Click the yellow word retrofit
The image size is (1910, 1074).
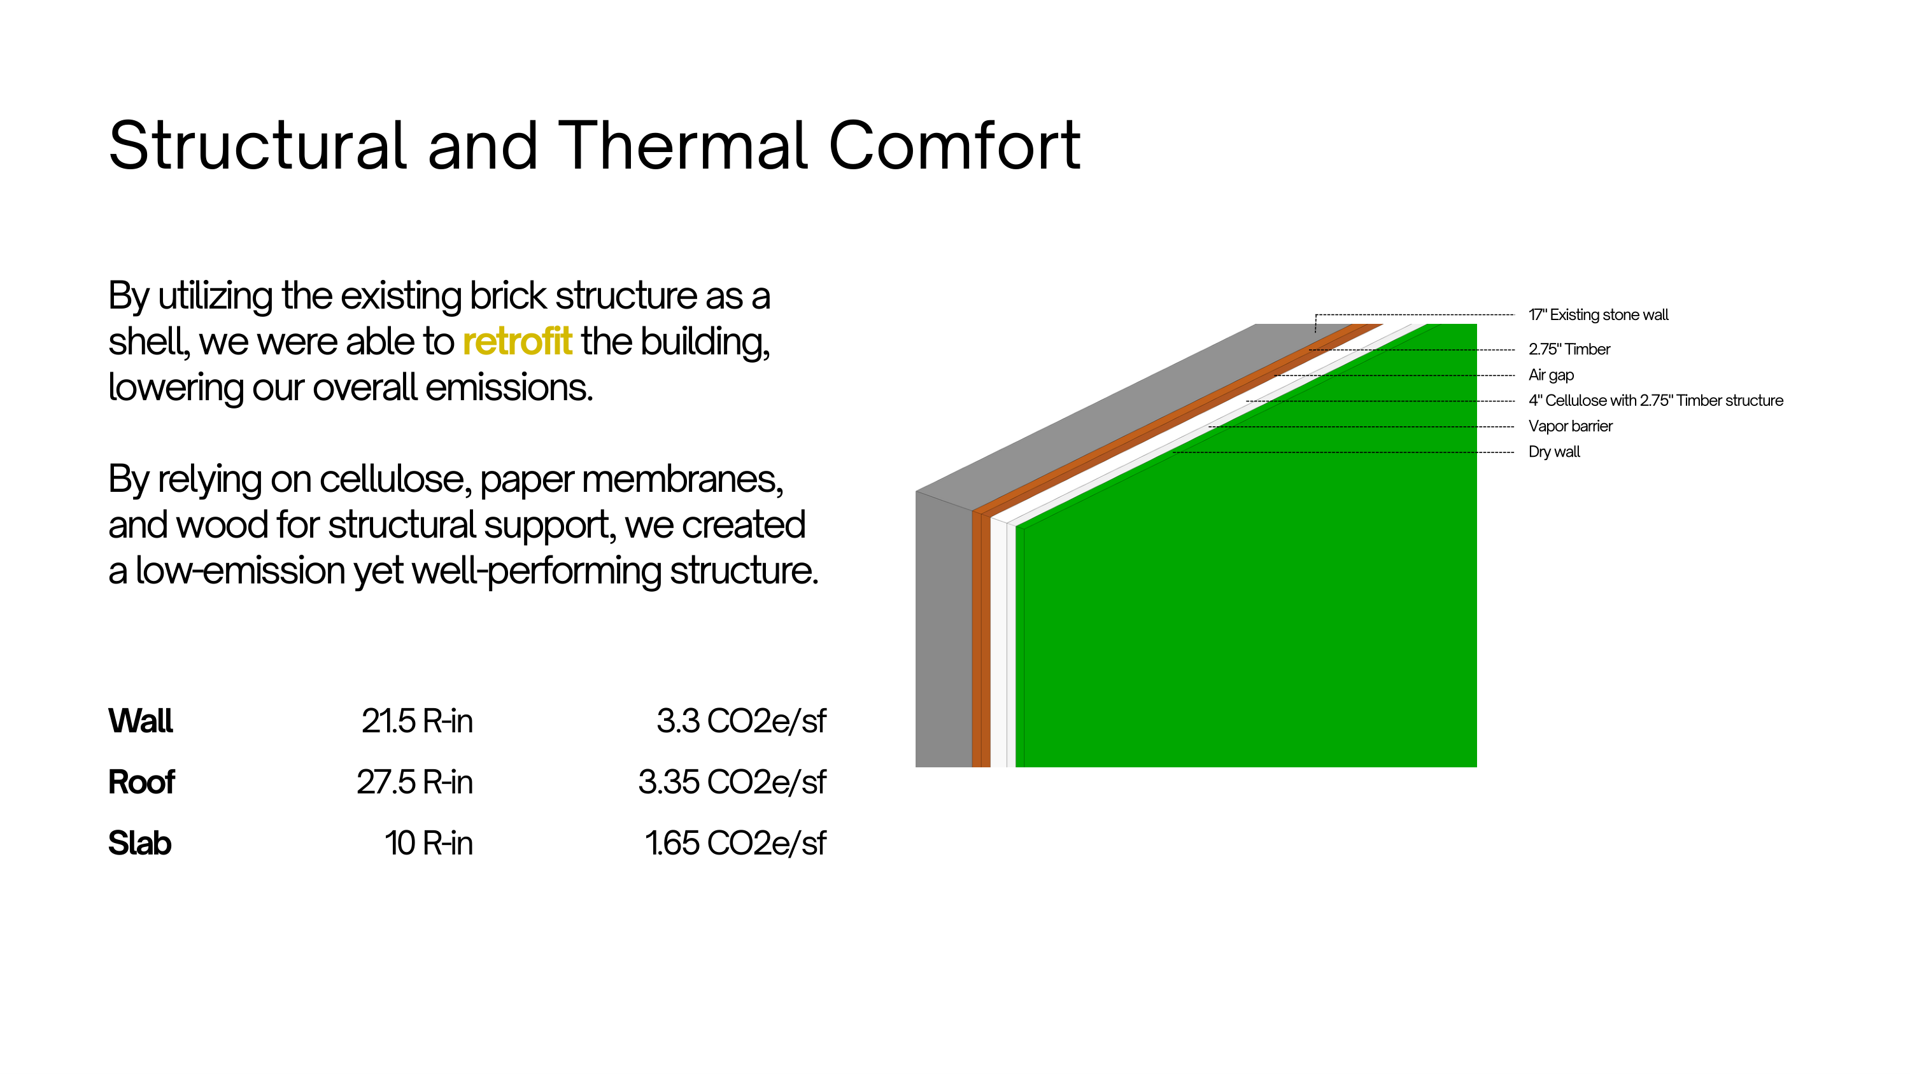(517, 342)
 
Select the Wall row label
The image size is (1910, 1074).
(140, 721)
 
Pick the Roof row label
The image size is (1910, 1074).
(141, 782)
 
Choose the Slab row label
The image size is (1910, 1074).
(139, 844)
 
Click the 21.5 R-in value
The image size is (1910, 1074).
(417, 721)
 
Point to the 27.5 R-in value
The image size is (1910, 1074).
(414, 782)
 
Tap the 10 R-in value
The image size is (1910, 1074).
(428, 844)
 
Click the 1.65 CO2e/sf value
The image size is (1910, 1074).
(735, 844)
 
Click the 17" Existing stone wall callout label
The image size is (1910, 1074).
(1598, 315)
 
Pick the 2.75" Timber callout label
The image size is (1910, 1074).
(1569, 349)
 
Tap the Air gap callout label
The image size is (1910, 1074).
(1551, 375)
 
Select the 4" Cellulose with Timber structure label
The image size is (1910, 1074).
(1656, 400)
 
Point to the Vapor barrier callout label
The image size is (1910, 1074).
(1571, 426)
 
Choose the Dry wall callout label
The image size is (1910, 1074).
(1554, 452)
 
